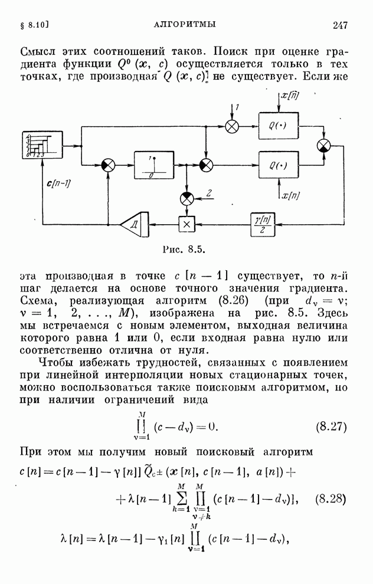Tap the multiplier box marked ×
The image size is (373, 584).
tap(186, 224)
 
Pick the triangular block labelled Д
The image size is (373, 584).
tap(130, 224)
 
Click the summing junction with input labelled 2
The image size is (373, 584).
tap(186, 198)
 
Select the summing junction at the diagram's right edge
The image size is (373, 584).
tap(324, 146)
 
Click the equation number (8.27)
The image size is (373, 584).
tap(331, 426)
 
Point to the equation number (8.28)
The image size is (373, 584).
tap(331, 499)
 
